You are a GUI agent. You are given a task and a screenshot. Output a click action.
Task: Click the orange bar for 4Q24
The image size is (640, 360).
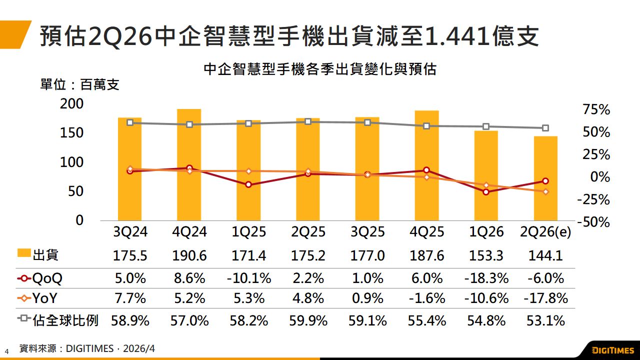[189, 165]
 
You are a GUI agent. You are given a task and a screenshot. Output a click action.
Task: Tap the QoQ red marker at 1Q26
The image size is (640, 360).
[486, 192]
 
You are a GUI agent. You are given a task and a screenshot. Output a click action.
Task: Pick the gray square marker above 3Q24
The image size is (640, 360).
[130, 122]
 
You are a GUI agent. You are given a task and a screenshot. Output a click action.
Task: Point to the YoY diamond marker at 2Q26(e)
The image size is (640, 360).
[545, 191]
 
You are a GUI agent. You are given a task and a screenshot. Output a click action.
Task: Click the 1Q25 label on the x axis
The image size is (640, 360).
[248, 232]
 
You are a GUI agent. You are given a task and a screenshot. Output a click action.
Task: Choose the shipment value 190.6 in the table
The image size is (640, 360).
[189, 256]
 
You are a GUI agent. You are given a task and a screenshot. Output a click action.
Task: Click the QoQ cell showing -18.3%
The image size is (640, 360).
[486, 278]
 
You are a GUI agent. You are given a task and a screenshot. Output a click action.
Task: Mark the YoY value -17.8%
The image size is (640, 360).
[545, 299]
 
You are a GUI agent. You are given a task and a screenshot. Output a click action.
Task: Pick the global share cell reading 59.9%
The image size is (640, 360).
[308, 320]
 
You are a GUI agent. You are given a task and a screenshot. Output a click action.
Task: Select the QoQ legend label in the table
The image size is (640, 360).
[48, 278]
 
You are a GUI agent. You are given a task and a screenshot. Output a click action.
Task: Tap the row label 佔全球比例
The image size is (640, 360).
[66, 320]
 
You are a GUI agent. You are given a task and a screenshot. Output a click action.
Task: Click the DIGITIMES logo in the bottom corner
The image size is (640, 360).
[612, 350]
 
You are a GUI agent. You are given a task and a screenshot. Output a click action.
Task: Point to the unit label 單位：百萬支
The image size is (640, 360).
[80, 84]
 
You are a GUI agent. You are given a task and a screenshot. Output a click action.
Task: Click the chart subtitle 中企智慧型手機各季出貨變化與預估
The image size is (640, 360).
[320, 69]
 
